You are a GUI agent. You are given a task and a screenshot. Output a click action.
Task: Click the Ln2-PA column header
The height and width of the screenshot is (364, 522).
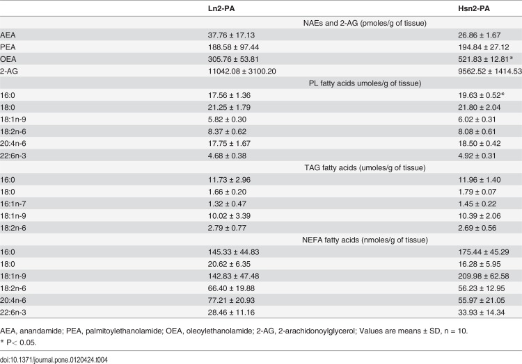221,8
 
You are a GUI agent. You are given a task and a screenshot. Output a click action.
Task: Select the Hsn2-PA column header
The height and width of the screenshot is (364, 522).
474,8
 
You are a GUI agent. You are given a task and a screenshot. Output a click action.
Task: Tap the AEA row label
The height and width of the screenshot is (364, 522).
8,35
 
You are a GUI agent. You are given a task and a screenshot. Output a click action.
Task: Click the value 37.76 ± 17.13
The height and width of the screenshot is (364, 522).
231,35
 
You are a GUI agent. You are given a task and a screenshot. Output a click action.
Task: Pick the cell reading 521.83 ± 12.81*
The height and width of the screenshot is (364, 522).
485,59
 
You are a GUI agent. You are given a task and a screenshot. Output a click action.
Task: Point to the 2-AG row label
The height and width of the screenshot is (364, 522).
9,71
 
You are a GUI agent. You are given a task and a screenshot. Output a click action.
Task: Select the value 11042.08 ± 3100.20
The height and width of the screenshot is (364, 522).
242,71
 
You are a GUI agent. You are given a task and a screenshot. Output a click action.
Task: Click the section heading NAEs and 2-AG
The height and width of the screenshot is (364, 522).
365,23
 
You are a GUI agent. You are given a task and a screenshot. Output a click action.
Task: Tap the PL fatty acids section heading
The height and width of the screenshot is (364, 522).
365,83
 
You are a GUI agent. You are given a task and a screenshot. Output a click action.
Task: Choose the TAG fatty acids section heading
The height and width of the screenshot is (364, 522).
365,167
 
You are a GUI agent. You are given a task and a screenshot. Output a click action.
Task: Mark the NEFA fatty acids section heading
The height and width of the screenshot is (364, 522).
365,240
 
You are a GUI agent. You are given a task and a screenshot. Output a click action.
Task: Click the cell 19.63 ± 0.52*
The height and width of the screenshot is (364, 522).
482,95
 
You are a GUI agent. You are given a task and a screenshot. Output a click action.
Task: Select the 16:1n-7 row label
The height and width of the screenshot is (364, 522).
13,204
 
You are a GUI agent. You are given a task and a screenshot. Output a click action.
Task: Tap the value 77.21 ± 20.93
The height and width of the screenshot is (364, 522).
231,300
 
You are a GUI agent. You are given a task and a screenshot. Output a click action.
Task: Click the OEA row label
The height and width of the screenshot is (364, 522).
8,59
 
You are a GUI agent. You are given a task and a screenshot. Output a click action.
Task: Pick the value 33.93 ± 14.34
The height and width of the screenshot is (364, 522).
482,312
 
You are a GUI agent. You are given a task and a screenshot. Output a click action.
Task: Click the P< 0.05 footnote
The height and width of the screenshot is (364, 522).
18,342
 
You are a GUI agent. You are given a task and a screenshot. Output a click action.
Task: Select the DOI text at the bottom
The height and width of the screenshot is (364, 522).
54,360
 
